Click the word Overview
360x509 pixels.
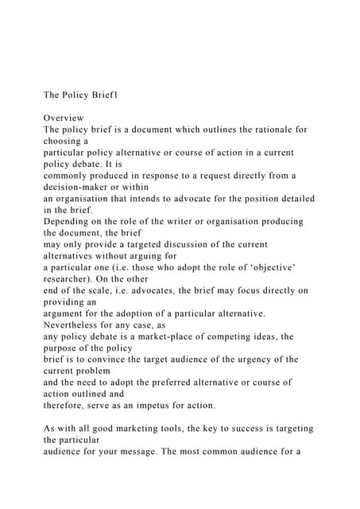(68, 117)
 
